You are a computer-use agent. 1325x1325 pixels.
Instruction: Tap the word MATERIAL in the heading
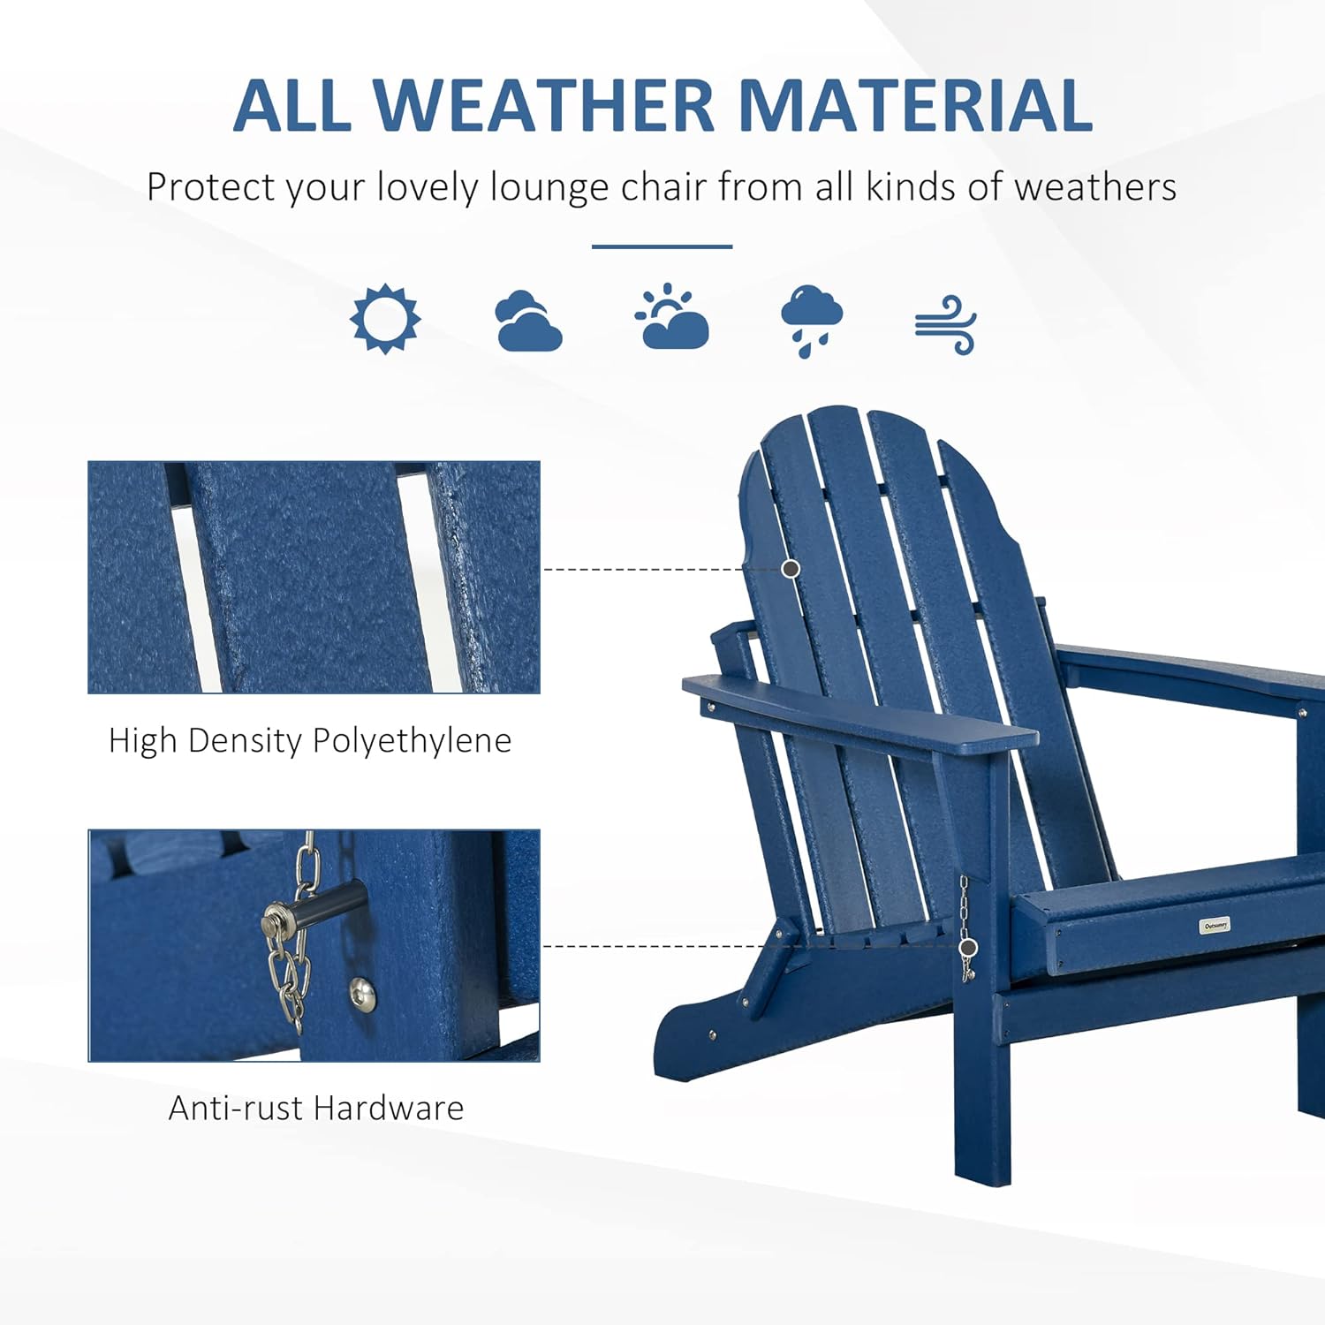[x=915, y=105]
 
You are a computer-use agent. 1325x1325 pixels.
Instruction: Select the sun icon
[x=385, y=319]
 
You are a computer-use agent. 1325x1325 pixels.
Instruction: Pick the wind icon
[x=945, y=325]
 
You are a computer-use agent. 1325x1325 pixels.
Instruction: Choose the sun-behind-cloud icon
[x=671, y=316]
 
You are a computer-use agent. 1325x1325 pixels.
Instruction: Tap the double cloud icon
[x=528, y=322]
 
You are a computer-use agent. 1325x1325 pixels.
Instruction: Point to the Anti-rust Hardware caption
[x=316, y=1108]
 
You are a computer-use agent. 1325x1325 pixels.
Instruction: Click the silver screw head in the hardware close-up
[x=362, y=995]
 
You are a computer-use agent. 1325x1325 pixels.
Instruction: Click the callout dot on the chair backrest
[x=791, y=569]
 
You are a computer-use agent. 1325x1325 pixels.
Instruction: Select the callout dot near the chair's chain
[x=968, y=948]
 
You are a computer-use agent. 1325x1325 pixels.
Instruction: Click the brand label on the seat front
[x=1215, y=925]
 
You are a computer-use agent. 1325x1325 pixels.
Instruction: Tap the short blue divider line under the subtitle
[x=662, y=246]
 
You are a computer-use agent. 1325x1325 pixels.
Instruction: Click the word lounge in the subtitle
[x=549, y=187]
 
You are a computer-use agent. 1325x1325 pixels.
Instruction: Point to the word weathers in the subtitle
[x=1095, y=187]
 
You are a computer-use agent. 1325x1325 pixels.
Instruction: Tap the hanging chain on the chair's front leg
[x=966, y=928]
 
